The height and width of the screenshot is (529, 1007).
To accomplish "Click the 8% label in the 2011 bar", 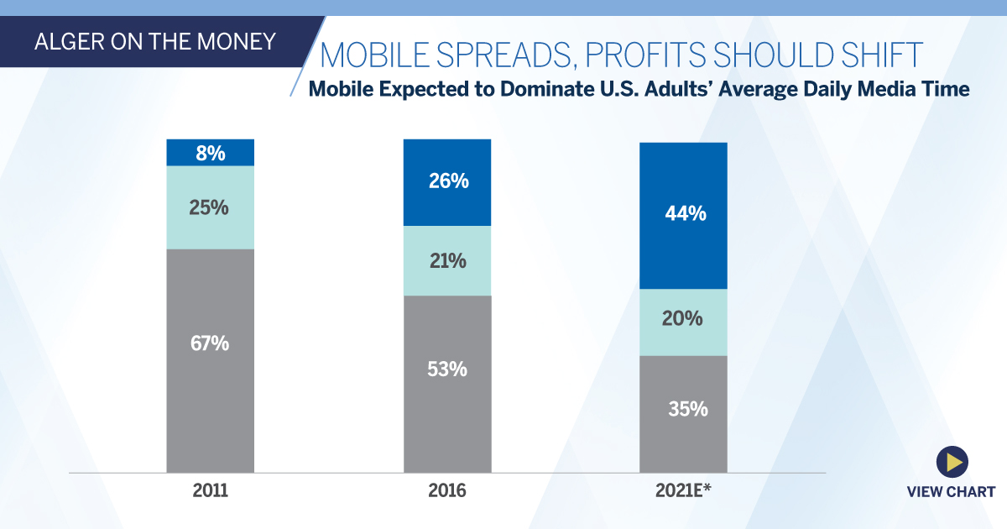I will pyautogui.click(x=210, y=152).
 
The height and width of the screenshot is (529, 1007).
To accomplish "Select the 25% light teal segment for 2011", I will pyautogui.click(x=210, y=207).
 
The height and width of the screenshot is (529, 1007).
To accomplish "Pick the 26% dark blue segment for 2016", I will pyautogui.click(x=447, y=181).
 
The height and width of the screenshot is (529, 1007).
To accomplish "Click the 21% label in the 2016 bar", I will pyautogui.click(x=447, y=261).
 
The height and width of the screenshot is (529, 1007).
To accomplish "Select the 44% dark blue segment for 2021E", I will pyautogui.click(x=684, y=214).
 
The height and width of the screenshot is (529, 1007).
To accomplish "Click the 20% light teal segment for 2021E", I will pyautogui.click(x=684, y=320).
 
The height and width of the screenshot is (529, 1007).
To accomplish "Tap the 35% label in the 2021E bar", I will pyautogui.click(x=684, y=410).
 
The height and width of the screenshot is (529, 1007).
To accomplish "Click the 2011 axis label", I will pyautogui.click(x=210, y=490).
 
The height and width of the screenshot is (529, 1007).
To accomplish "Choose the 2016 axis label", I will pyautogui.click(x=447, y=490).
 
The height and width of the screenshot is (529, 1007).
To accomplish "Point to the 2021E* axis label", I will pyautogui.click(x=684, y=490).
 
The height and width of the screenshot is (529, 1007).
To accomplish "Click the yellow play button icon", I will pyautogui.click(x=952, y=461).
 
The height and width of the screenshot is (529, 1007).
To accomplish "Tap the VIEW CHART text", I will pyautogui.click(x=951, y=492).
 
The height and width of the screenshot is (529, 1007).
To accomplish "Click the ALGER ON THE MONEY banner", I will pyautogui.click(x=154, y=41).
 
